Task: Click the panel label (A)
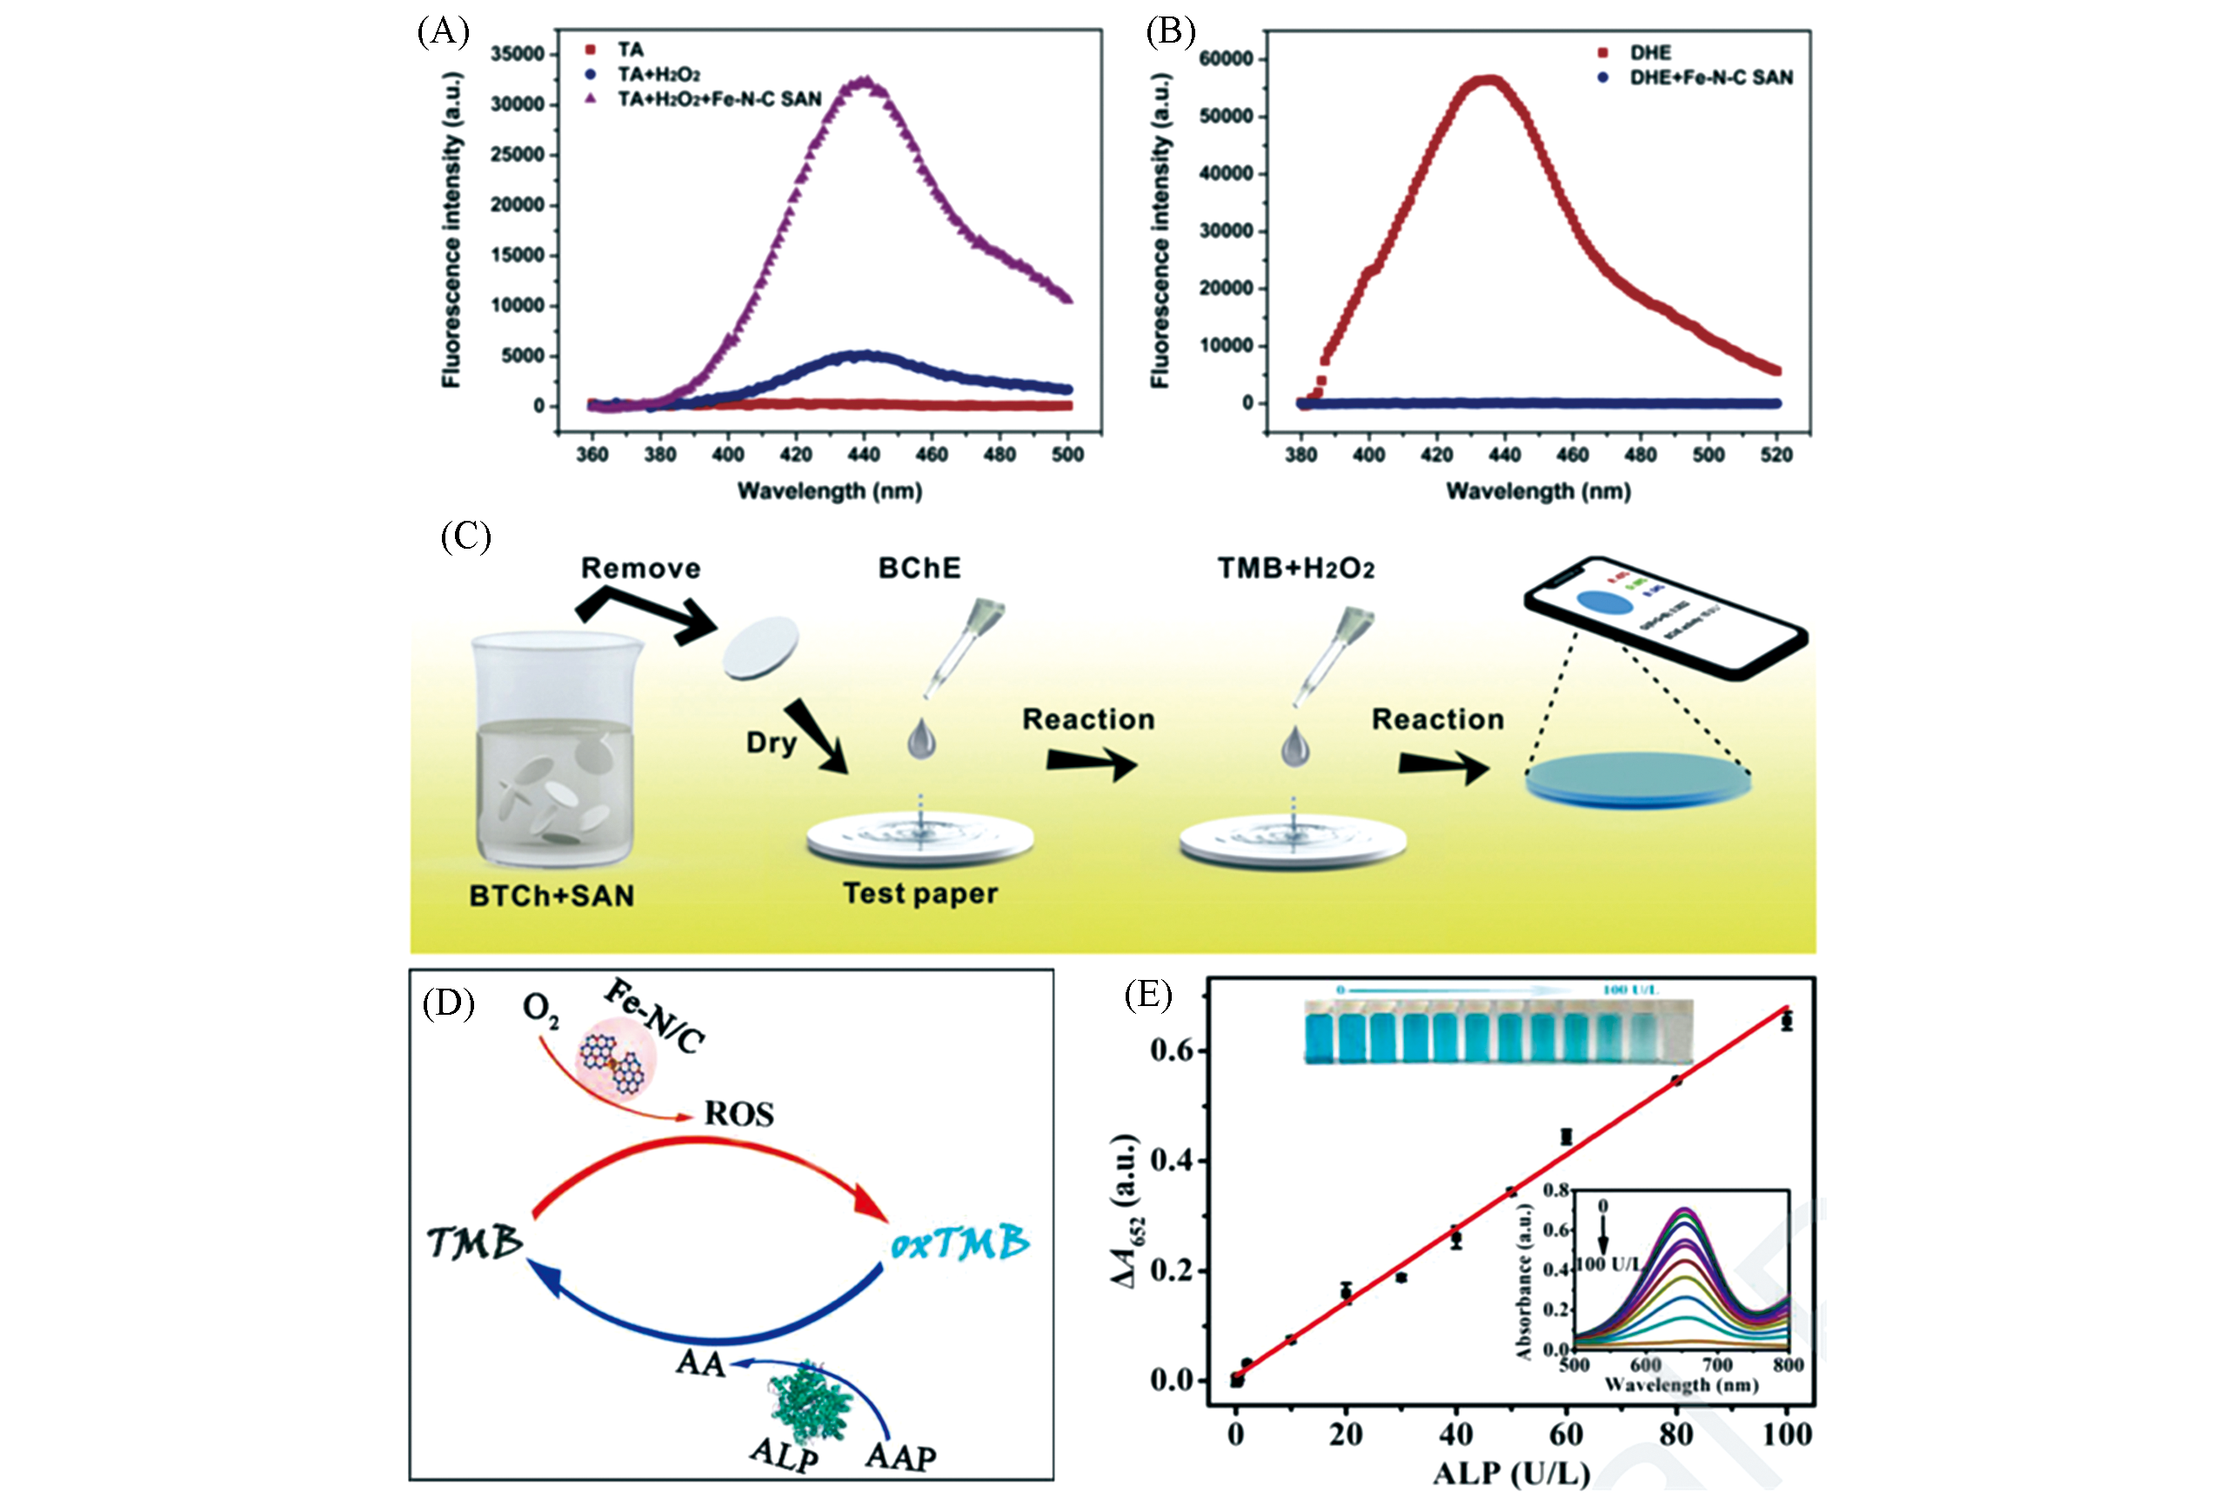443,33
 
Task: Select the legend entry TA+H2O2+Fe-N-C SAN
719,99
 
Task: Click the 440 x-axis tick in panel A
864,454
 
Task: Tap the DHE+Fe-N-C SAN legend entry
1710,77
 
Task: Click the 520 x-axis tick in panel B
1775,454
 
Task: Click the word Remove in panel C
640,569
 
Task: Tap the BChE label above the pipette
919,569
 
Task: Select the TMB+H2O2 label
1295,569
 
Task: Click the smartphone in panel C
1665,617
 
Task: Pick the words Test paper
919,894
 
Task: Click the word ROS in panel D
738,1114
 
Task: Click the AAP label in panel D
899,1456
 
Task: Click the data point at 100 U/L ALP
1786,1021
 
